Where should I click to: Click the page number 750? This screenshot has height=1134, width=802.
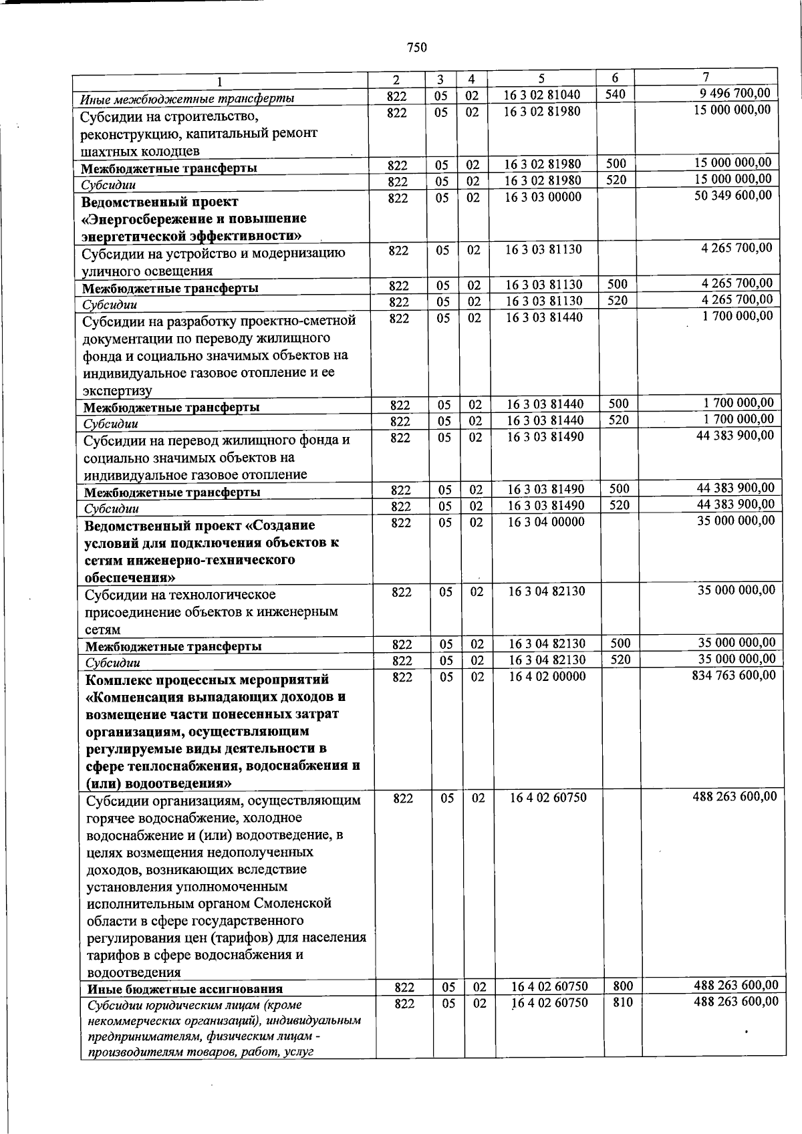416,47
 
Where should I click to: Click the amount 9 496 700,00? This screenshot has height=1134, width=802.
734,94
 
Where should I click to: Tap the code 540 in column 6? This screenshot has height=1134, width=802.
615,94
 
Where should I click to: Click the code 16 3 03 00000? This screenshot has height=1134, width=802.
543,197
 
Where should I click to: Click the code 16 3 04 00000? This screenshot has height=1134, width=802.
546,522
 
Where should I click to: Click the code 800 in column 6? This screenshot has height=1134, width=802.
622,986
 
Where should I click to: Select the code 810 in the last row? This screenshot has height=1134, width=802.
622,1002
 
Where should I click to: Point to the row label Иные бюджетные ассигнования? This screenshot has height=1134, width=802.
184,989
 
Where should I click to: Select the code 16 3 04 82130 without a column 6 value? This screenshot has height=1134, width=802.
547,591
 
